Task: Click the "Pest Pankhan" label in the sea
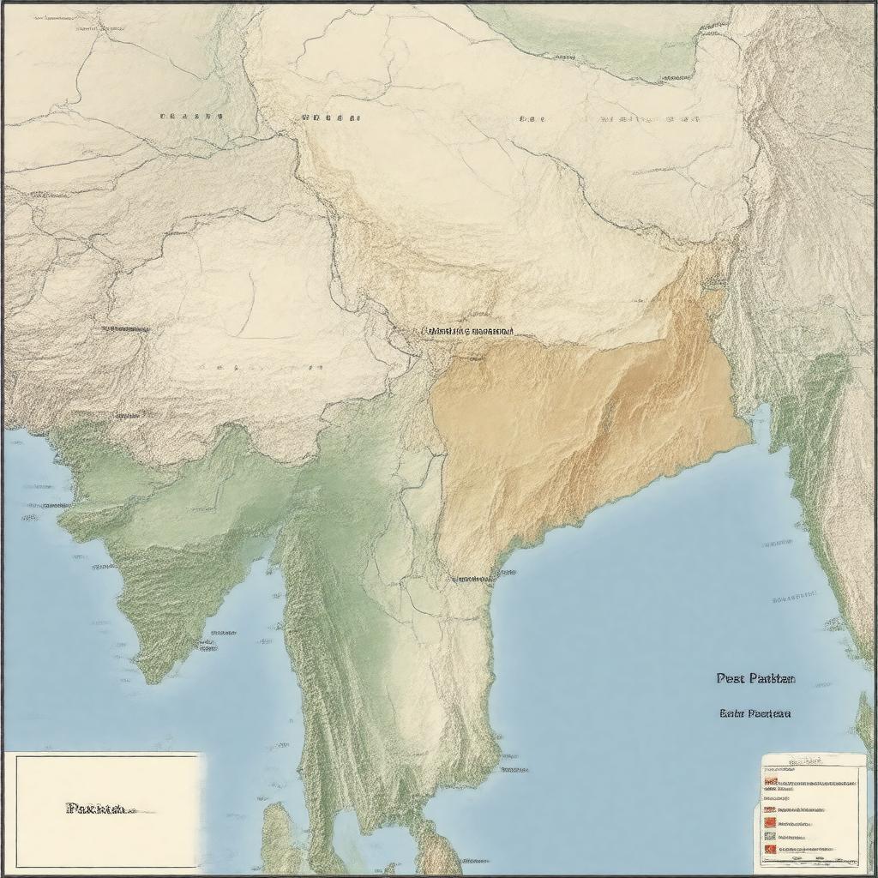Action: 755,678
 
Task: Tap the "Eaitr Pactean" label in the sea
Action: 755,713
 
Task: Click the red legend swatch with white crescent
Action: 769,849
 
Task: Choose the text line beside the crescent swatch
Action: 810,849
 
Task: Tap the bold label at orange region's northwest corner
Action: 468,330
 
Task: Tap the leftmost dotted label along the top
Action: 190,116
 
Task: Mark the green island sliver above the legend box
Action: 865,720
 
